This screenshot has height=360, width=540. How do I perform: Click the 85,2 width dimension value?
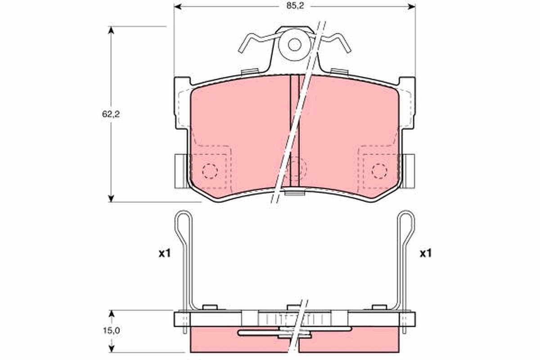294,7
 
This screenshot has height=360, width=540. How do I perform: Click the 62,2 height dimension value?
110,114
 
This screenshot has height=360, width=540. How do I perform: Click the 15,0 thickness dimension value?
111,331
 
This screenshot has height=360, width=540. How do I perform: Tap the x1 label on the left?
165,254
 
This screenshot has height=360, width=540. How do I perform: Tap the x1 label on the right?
425,254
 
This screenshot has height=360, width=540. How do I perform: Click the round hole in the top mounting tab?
295,45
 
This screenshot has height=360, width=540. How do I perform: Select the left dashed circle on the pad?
210,171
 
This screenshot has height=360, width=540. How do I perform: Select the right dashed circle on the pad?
379,171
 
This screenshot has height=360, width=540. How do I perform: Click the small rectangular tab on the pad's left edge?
180,171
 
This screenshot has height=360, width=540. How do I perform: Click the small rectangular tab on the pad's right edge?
409,171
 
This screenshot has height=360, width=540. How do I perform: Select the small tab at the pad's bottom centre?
295,194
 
